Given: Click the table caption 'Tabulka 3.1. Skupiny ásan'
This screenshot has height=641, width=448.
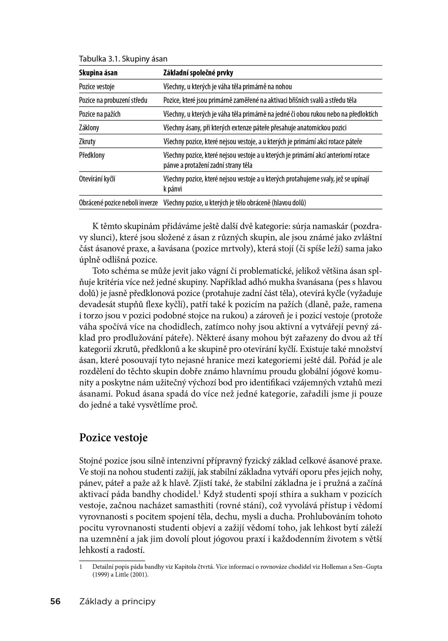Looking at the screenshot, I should pyautogui.click(x=123, y=59).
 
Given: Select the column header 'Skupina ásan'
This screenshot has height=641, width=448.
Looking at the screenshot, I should pyautogui.click(x=98, y=73).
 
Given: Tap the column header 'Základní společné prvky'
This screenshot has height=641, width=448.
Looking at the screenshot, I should pyautogui.click(x=198, y=73).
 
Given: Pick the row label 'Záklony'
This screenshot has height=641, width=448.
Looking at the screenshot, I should pyautogui.click(x=89, y=128).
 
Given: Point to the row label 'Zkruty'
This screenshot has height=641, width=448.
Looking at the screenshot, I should pyautogui.click(x=87, y=142).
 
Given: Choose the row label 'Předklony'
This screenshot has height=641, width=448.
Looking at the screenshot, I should pyautogui.click(x=92, y=155).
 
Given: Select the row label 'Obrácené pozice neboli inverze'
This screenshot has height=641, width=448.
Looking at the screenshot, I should pyautogui.click(x=118, y=203).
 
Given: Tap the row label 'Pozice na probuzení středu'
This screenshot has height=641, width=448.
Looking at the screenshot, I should pyautogui.click(x=113, y=100).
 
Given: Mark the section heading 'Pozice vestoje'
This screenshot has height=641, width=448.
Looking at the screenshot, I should pyautogui.click(x=113, y=438).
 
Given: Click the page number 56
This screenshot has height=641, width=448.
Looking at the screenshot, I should pyautogui.click(x=55, y=602).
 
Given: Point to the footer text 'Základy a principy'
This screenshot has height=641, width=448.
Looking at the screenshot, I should pyautogui.click(x=117, y=602).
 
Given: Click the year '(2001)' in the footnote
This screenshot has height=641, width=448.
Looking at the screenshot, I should pyautogui.click(x=140, y=574).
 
